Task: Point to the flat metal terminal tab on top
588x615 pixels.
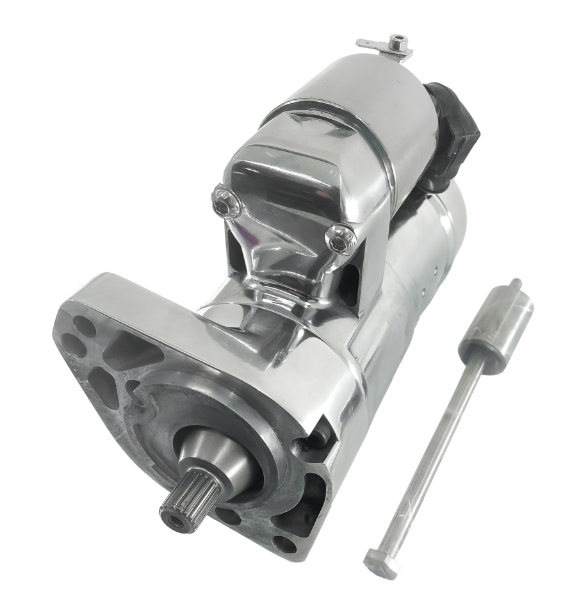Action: tap(372, 44)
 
